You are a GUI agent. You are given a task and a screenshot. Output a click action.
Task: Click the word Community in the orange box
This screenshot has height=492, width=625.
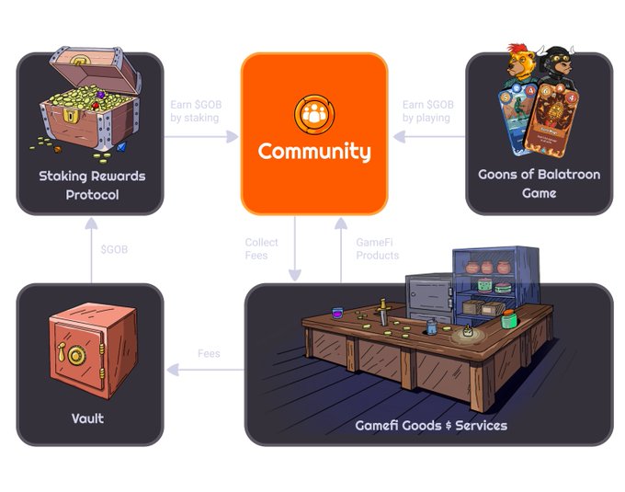(314, 152)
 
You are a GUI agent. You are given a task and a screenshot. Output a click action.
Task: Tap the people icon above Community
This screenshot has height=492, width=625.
(314, 112)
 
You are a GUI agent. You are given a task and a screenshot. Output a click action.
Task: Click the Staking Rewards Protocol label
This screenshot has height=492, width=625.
(92, 185)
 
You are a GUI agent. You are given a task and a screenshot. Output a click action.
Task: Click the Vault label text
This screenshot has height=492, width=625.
(88, 418)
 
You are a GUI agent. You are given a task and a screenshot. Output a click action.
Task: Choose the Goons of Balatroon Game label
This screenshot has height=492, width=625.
(539, 184)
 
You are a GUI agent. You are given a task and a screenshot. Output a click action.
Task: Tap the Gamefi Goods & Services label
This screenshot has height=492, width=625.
(431, 425)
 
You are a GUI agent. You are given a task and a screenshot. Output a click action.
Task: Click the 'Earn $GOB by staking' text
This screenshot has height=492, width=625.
(196, 110)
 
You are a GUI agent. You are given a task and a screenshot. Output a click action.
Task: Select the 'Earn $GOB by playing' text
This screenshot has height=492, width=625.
(426, 110)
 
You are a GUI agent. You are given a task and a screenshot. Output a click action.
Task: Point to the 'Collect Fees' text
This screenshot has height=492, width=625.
(261, 248)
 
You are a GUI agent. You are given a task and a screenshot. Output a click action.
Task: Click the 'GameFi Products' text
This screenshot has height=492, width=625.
(378, 248)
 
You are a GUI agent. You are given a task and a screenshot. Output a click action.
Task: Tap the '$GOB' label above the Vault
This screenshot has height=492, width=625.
(114, 250)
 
